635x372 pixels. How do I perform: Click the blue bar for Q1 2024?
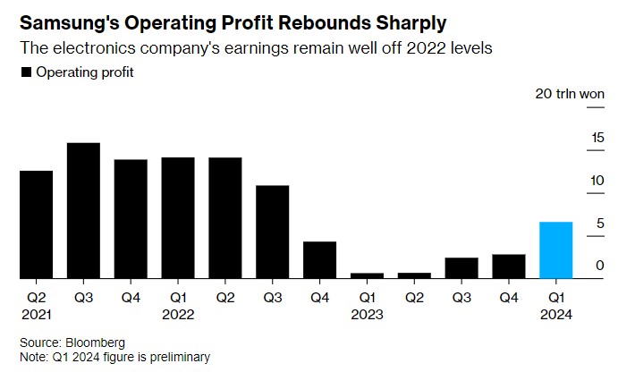[556, 249]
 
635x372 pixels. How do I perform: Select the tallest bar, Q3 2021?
[83, 210]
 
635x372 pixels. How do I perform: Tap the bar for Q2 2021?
[36, 224]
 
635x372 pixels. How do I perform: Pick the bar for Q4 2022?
[320, 259]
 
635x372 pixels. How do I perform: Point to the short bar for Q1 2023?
[368, 275]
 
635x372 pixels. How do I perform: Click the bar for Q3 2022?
[273, 232]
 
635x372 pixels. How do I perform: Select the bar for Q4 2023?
[509, 266]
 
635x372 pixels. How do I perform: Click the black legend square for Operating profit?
[25, 72]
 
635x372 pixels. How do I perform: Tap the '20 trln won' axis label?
[569, 94]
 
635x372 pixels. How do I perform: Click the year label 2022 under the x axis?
[178, 314]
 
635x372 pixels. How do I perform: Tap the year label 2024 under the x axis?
[556, 314]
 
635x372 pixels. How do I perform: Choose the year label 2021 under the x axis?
[36, 314]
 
